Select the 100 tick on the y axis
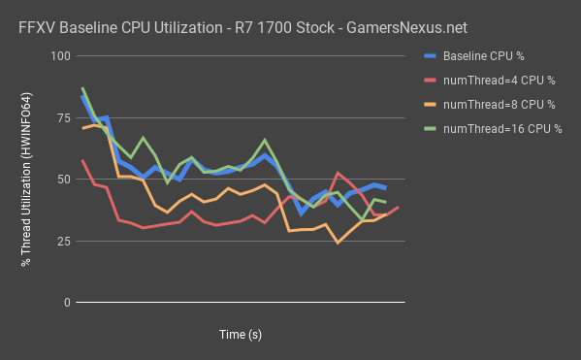62,56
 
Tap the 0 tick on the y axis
68,303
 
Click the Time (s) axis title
240,334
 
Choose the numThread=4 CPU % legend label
501,81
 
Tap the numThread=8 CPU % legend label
501,104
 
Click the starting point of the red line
82,160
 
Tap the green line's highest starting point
82,88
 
